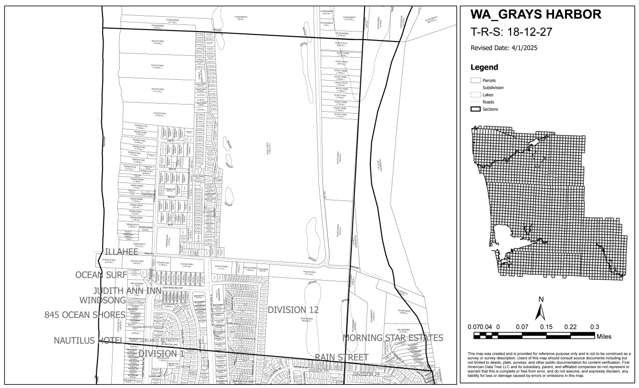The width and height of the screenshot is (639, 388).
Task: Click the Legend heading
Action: point(484,67)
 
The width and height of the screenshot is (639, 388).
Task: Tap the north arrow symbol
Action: point(540,311)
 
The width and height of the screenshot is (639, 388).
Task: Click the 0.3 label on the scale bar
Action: point(595,327)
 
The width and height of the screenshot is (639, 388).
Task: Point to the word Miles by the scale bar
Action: point(603,336)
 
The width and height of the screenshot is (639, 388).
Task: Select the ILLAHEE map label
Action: point(121,252)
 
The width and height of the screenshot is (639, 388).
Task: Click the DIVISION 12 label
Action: point(293,310)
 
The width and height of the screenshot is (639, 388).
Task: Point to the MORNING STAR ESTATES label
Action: point(393,338)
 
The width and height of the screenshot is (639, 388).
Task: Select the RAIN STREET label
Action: point(341,357)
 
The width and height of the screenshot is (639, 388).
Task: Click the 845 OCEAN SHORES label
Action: point(85,315)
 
